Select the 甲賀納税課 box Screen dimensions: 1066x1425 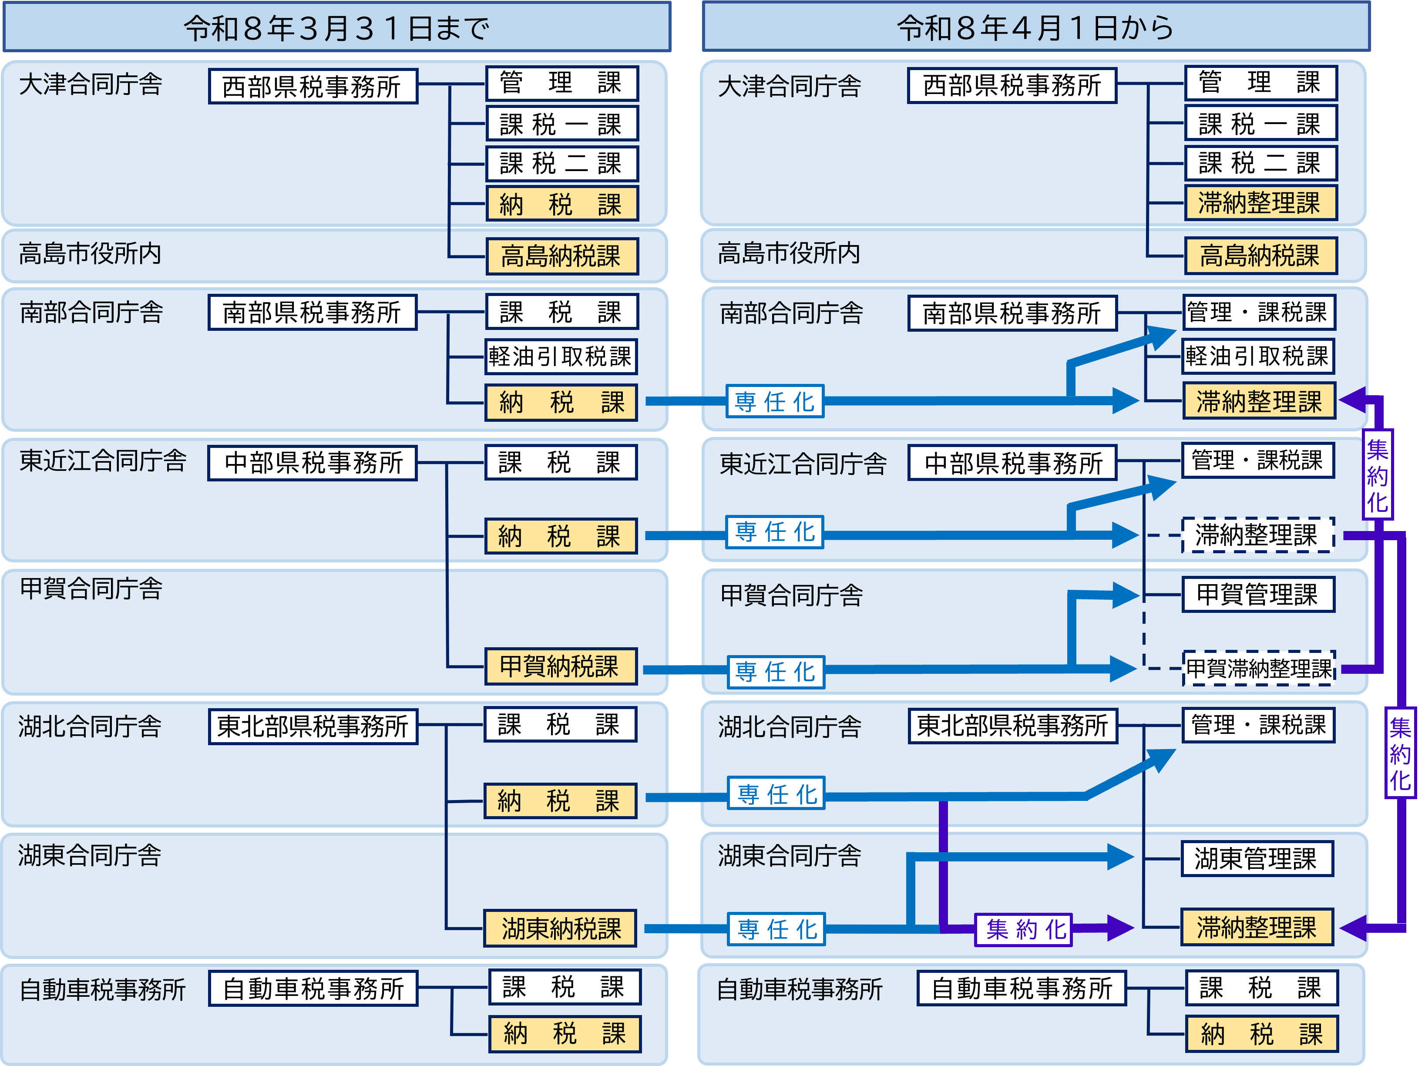[561, 666]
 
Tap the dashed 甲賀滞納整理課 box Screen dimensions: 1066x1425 [1259, 668]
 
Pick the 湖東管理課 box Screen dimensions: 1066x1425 [1256, 858]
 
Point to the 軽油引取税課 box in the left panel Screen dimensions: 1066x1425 [561, 356]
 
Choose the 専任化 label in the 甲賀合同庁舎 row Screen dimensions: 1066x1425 [776, 672]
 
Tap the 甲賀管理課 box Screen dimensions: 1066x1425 [1257, 594]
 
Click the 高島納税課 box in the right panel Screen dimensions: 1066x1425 [1260, 256]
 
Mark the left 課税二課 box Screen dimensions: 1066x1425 [561, 164]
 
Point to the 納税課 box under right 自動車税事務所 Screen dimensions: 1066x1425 [1261, 1034]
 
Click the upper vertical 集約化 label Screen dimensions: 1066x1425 [1377, 475]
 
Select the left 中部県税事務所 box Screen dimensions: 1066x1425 [313, 462]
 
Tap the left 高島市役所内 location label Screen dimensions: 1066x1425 [90, 254]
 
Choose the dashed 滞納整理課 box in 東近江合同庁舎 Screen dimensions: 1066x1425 [1257, 535]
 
